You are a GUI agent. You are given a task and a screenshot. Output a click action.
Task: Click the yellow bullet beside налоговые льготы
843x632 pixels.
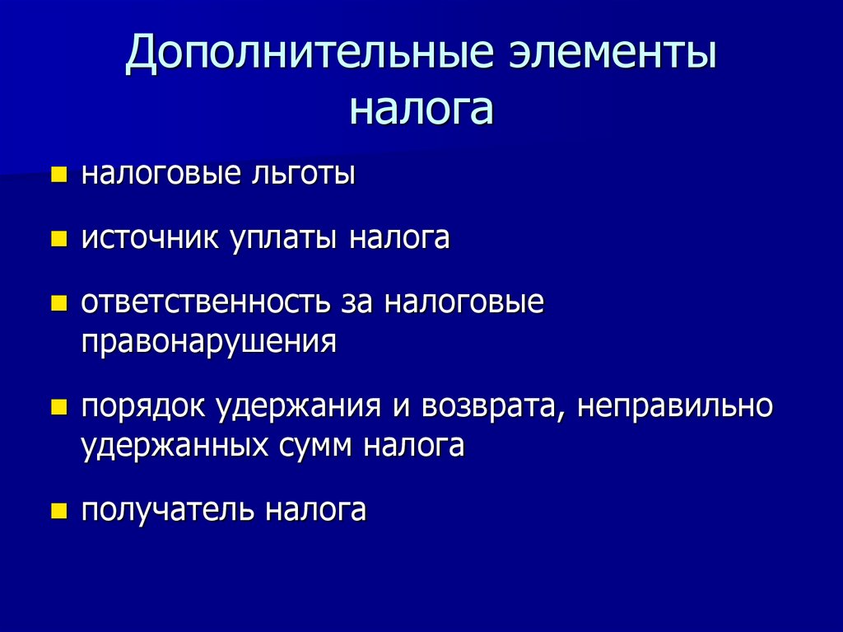(58, 175)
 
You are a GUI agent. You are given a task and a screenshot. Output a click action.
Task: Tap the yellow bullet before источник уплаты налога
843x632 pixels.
(58, 239)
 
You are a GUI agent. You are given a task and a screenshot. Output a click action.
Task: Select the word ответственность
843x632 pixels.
(205, 302)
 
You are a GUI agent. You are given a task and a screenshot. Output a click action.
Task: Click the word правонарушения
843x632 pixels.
(209, 340)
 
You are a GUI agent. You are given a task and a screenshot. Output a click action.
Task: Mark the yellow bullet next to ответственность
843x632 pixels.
(58, 303)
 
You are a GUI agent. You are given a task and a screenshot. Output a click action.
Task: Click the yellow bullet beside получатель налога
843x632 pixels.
(58, 510)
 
